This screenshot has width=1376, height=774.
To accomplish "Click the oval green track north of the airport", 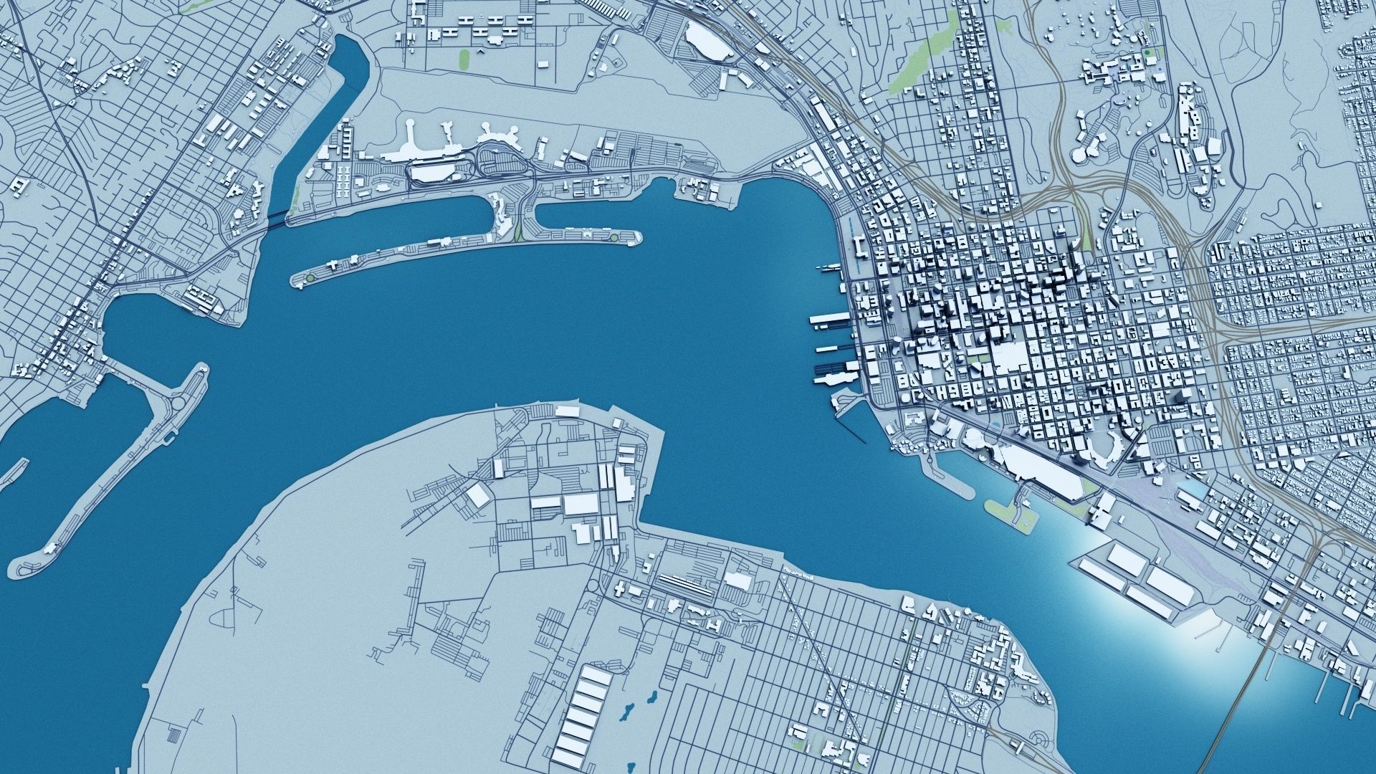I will [x=463, y=57].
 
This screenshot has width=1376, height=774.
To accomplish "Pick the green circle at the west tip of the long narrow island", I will [x=310, y=277].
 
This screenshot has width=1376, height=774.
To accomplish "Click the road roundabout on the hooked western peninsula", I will [x=174, y=406].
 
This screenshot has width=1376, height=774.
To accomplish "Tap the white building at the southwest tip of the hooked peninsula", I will [x=49, y=549].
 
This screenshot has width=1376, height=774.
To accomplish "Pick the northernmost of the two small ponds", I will [x=652, y=697].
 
